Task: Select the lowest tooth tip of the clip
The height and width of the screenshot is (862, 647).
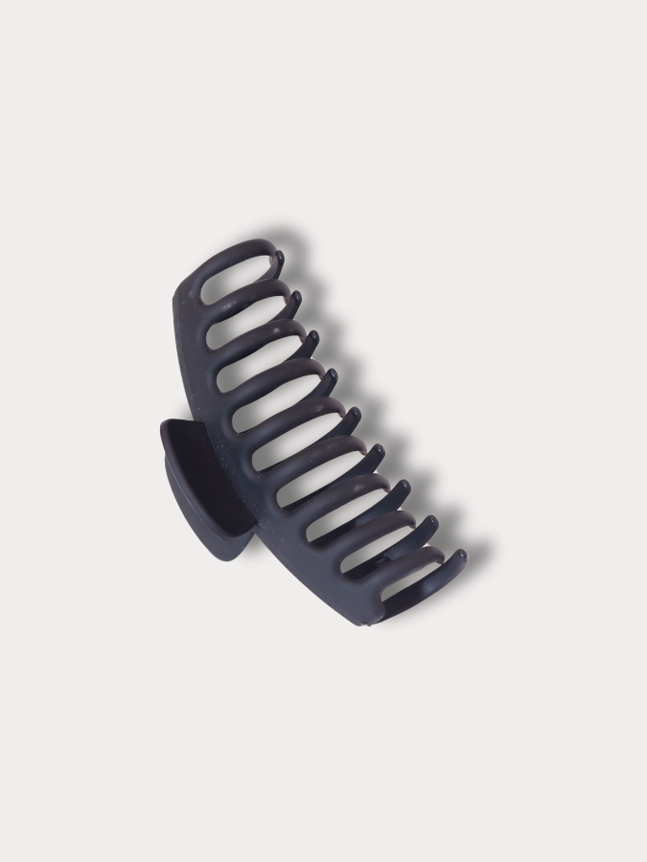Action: tap(459, 556)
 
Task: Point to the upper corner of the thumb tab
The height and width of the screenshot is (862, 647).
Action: tap(165, 424)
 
